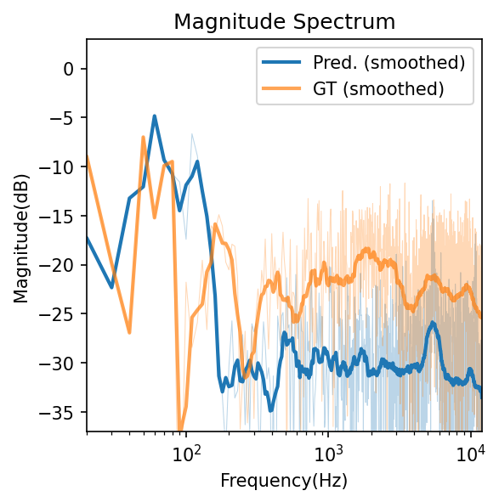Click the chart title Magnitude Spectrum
(x=284, y=22)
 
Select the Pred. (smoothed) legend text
(x=388, y=62)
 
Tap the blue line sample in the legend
(x=284, y=62)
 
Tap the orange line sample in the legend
(x=284, y=87)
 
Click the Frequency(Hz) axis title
(x=284, y=481)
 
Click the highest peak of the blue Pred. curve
(x=155, y=116)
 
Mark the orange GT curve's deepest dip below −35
(x=179, y=428)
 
